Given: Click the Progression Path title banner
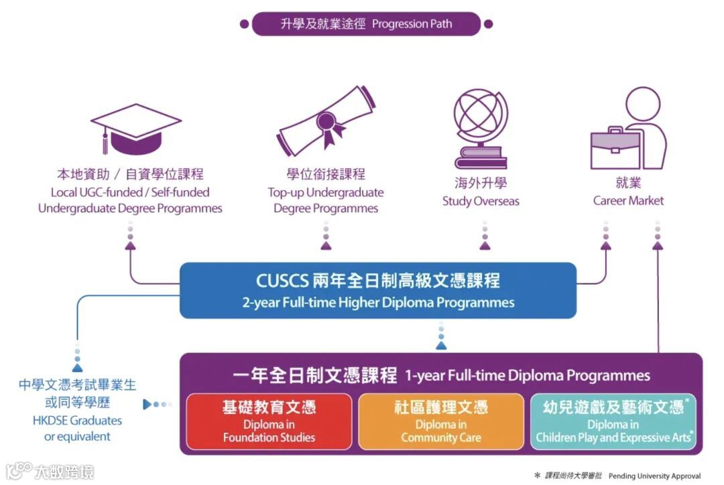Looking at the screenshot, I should pyautogui.click(x=366, y=24).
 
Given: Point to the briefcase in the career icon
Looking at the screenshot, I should pyautogui.click(x=614, y=148).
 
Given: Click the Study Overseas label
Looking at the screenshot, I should pyautogui.click(x=481, y=201).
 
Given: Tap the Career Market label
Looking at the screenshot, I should pyautogui.click(x=628, y=200).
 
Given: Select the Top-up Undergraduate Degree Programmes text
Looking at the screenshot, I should pyautogui.click(x=326, y=200).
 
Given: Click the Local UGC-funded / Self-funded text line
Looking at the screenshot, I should pyautogui.click(x=130, y=192).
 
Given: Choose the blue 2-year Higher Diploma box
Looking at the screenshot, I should pyautogui.click(x=378, y=290).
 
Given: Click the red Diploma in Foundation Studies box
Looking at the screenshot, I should pyautogui.click(x=269, y=421).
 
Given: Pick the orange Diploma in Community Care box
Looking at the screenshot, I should pyautogui.click(x=441, y=421).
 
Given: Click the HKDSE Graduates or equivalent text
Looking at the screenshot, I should pyautogui.click(x=78, y=429).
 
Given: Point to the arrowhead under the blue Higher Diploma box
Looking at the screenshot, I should pyautogui.click(x=440, y=345).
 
